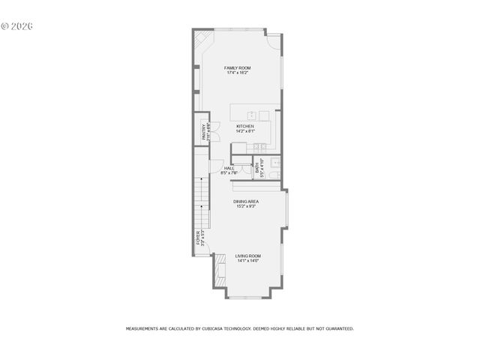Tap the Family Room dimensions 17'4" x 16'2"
coord(237,73)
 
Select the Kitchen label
coord(244,126)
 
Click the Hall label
coord(229,168)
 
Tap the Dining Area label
coord(245,201)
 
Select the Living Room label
coord(248,256)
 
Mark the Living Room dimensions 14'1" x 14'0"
coord(248,261)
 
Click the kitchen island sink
coord(253,115)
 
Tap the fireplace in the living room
coord(220,271)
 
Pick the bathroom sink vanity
coord(275,162)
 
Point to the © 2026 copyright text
coord(17,25)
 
